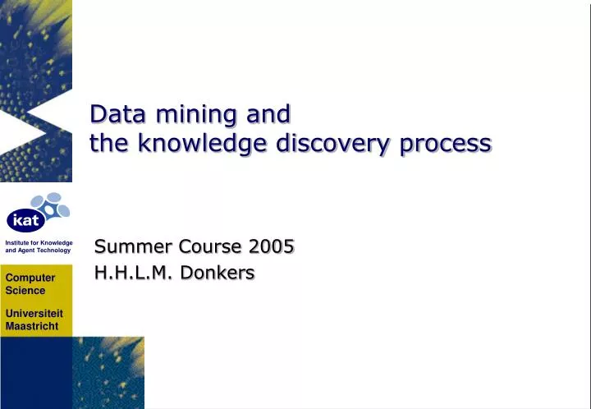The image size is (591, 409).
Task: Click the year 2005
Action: (270, 246)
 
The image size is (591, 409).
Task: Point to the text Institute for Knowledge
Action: (39, 243)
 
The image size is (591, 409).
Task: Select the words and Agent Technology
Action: (38, 250)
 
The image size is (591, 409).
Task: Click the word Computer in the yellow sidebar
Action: (30, 278)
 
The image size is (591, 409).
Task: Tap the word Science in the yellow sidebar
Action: (25, 290)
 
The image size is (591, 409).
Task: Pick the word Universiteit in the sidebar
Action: (34, 314)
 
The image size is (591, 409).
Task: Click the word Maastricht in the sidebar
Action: (32, 326)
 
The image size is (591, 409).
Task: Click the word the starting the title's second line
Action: (108, 145)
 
